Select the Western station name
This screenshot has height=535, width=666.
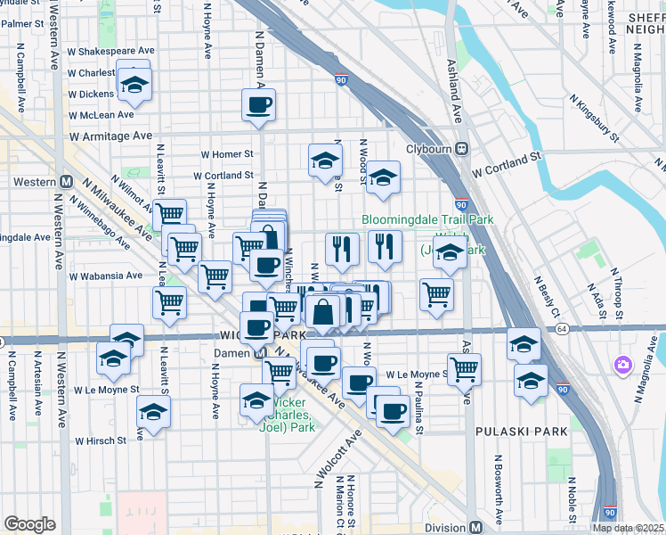(x=35, y=182)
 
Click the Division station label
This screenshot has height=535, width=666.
(x=445, y=527)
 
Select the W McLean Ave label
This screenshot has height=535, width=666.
(x=101, y=114)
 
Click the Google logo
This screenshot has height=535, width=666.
(x=29, y=524)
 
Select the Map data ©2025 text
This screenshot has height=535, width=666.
(x=628, y=528)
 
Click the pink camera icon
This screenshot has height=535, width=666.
(x=621, y=365)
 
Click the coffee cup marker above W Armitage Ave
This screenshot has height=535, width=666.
(x=258, y=104)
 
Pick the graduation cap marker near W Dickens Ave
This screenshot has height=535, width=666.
(x=134, y=84)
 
